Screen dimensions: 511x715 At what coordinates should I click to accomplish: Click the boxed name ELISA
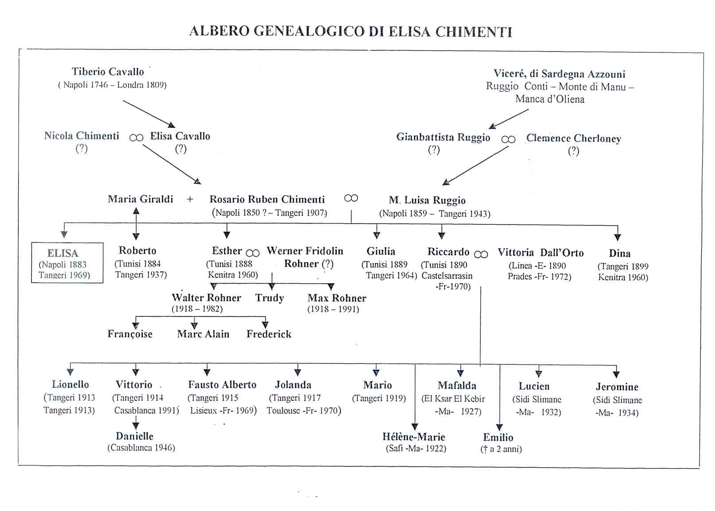tap(63, 253)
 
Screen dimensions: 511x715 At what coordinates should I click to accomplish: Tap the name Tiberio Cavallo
tap(108, 72)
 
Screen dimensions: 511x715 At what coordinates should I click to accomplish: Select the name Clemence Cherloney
tap(573, 138)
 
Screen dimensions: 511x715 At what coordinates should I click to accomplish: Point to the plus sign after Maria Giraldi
tap(190, 200)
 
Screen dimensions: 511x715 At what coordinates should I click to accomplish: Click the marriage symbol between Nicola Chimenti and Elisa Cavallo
tap(136, 138)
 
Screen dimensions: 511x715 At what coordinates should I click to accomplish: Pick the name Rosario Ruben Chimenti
tap(267, 200)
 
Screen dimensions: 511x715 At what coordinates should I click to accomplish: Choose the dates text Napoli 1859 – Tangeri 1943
tap(434, 214)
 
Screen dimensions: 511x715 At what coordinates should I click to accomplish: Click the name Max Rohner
tap(337, 298)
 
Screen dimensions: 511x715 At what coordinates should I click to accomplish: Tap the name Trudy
tap(269, 298)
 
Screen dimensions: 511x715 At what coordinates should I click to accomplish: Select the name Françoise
tap(130, 334)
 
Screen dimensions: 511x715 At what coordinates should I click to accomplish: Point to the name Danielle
tap(135, 436)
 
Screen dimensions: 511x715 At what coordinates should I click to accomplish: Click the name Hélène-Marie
tap(414, 437)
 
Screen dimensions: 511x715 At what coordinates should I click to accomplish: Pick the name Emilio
tap(498, 438)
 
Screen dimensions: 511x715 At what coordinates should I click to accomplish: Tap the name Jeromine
tap(617, 387)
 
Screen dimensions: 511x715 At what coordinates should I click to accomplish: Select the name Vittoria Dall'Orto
tap(540, 253)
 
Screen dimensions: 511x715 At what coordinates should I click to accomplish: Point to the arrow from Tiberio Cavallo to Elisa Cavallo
tap(148, 114)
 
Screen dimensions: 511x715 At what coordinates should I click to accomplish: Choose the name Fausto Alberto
tap(222, 385)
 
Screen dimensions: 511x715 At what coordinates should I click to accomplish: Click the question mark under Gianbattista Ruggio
tap(434, 150)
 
